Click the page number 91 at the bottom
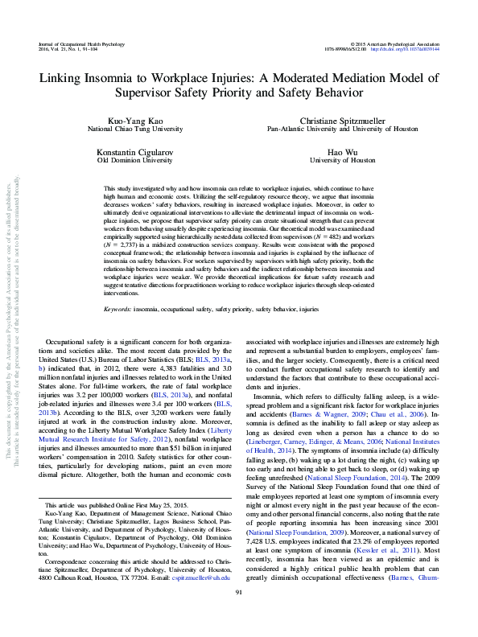click(x=238, y=614)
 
